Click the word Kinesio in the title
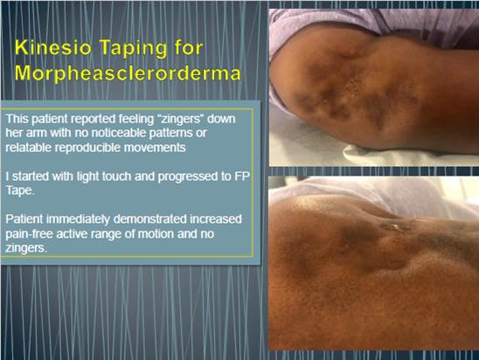point(53,48)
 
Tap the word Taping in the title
point(134,49)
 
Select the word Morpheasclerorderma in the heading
point(128,73)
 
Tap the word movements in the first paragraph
point(155,148)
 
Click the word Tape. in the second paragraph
point(20,190)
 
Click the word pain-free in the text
point(30,234)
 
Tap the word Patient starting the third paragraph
point(24,219)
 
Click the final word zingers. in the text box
point(26,248)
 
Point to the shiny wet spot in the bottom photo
point(394,226)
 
